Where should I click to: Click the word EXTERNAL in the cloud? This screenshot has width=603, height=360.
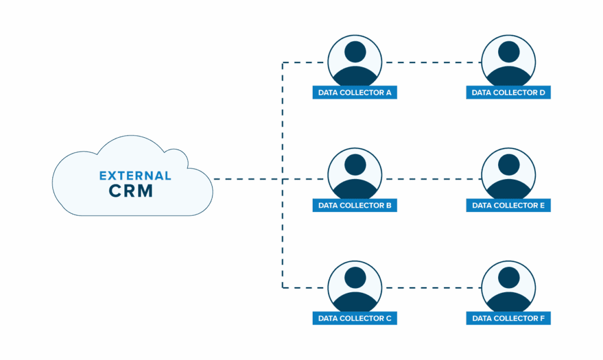tap(135, 176)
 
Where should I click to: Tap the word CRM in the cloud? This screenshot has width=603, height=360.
tap(130, 191)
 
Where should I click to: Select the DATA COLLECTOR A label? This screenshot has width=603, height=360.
tap(354, 93)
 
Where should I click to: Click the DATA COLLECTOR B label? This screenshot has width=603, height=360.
tap(354, 206)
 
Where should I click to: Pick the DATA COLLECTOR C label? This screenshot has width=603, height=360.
tap(354, 318)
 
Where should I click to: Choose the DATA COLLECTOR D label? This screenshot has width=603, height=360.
tap(508, 93)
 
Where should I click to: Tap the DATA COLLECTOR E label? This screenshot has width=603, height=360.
tap(508, 206)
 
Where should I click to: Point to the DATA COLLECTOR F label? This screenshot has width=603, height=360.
tap(508, 318)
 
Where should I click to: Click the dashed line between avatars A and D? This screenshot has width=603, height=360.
tap(431, 62)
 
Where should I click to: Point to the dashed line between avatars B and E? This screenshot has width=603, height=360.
tap(431, 179)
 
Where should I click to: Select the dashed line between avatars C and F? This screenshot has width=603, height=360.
tap(431, 288)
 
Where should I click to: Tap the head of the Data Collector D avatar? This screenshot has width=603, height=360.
tap(508, 51)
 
